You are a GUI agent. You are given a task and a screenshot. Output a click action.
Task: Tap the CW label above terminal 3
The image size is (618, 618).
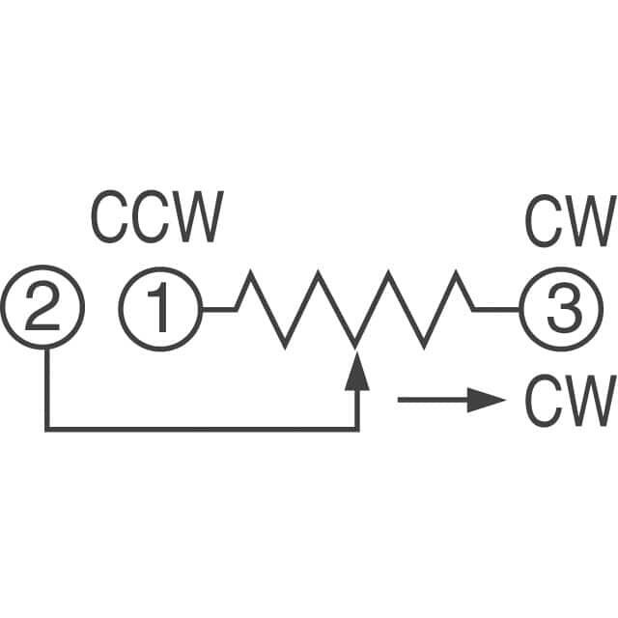[569, 221]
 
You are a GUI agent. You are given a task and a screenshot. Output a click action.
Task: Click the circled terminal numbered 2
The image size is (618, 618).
[44, 310]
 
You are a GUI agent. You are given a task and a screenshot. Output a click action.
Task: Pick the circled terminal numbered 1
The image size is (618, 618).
[160, 310]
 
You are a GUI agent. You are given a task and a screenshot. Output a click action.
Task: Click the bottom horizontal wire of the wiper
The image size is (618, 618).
[203, 429]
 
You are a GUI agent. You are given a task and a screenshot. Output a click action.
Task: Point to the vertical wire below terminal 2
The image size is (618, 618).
[46, 386]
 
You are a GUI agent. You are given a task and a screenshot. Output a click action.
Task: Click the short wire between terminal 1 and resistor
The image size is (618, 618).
[218, 310]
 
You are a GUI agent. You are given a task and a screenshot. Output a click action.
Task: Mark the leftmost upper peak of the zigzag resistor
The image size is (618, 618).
[250, 274]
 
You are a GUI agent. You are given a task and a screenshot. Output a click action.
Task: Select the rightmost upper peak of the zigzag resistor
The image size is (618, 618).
[459, 274]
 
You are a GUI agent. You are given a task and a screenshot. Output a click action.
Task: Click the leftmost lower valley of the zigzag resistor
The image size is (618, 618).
[285, 345]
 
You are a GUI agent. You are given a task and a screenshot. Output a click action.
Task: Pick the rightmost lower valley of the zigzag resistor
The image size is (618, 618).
[425, 345]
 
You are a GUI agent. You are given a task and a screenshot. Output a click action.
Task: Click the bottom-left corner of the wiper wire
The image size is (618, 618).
[46, 429]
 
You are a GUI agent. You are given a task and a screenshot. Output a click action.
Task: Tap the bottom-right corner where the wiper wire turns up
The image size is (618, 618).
[358, 429]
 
